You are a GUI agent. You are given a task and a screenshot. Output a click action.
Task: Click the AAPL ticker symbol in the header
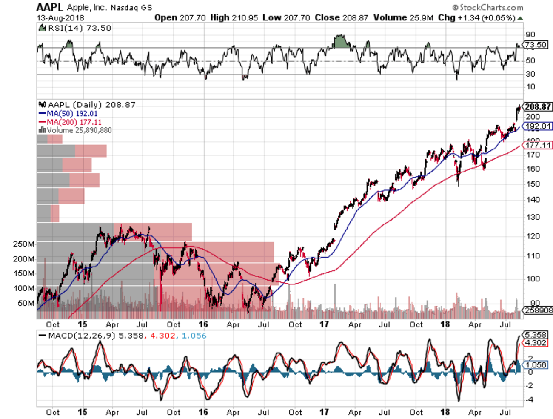[x=49, y=7]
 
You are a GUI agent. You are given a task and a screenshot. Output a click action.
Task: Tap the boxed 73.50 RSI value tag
[x=536, y=45]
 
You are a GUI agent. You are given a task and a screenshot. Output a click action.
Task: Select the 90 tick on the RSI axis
[x=530, y=34]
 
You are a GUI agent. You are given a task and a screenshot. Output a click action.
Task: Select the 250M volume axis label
[x=24, y=244]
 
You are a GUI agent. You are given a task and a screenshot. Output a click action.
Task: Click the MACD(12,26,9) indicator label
[x=81, y=336]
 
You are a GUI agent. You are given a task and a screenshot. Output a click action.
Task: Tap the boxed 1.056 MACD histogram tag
[x=536, y=365]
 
